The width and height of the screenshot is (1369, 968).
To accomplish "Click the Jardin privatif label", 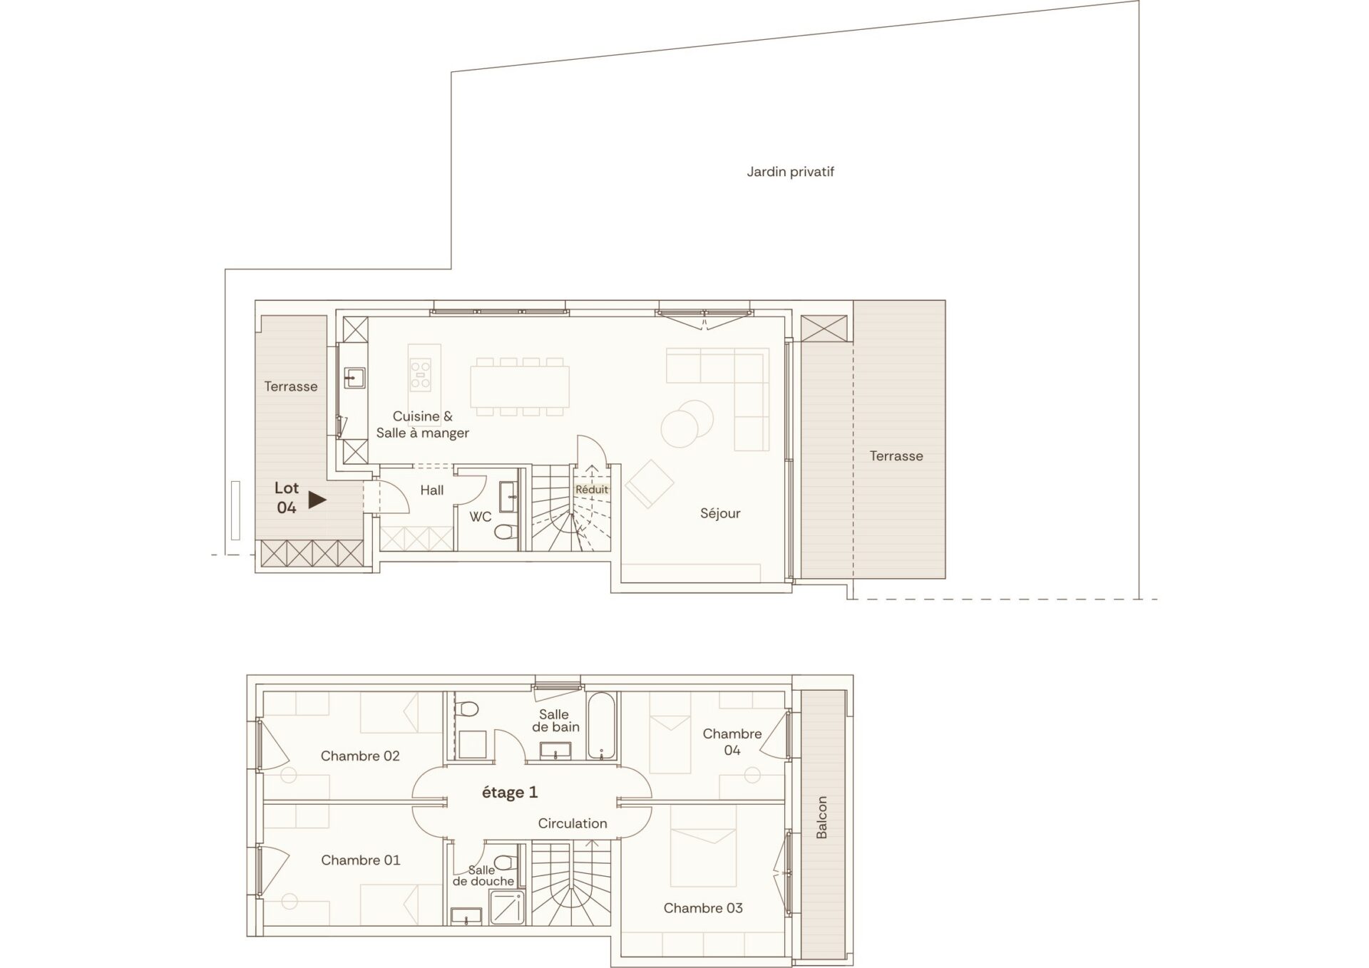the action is [x=790, y=172].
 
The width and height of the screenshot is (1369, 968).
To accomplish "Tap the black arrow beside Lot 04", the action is [x=317, y=500].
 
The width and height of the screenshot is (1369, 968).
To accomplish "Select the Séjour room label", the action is [x=720, y=513].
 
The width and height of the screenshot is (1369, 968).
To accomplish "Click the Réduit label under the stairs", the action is [x=592, y=490].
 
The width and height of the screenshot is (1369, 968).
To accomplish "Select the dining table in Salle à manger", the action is [x=520, y=386].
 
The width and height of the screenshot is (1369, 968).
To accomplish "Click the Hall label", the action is [x=432, y=490].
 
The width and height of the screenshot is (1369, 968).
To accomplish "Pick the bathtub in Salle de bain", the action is [x=601, y=726].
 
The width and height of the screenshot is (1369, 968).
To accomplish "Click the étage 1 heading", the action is [x=510, y=793].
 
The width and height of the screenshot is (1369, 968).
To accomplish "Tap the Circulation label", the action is [x=573, y=823].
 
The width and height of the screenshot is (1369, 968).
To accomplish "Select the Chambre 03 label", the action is [x=703, y=908].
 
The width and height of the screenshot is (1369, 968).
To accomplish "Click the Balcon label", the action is [x=821, y=818].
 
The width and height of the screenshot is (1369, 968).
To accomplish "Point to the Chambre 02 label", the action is [x=360, y=756].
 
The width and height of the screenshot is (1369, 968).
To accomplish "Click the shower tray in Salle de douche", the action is [x=507, y=907].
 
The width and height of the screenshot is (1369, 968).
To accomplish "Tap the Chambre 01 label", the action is [x=360, y=860].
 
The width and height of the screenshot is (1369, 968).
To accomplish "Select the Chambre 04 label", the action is [x=732, y=741].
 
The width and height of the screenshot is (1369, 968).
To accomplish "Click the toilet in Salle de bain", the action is [x=468, y=710].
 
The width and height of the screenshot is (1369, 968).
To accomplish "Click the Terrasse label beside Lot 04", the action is [x=291, y=386].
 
